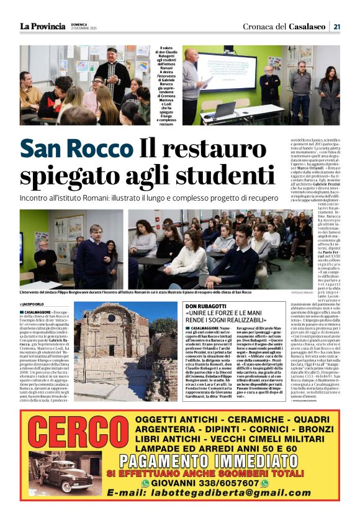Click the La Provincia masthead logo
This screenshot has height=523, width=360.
pyautogui.click(x=42, y=26)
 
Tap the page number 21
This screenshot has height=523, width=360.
pyautogui.click(x=336, y=26)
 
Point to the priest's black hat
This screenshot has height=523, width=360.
pyautogui.click(x=112, y=50)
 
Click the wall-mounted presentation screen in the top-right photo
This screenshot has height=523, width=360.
pyautogui.click(x=227, y=70)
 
